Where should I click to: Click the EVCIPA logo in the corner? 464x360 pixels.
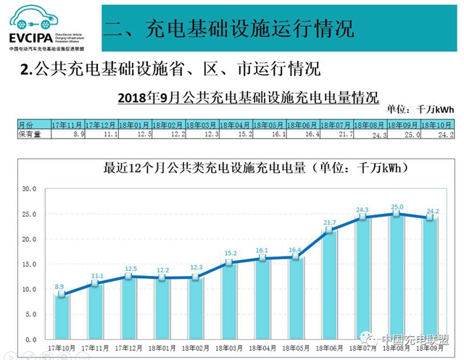47,28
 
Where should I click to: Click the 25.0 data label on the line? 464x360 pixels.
397,206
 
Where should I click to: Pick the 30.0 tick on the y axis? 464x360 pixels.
28,189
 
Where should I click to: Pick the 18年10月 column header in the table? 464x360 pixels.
434,125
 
